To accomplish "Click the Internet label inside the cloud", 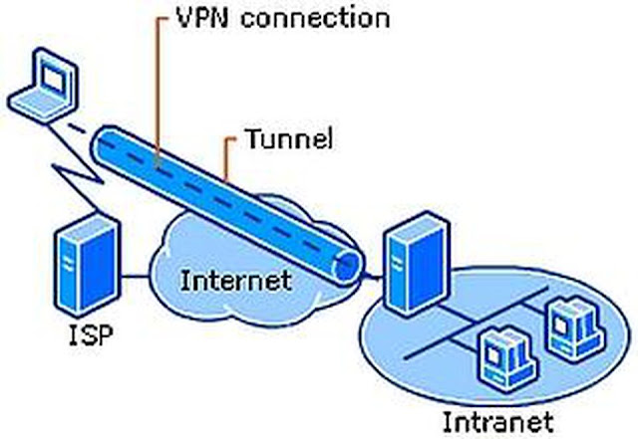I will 236,280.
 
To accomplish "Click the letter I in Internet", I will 185,280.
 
